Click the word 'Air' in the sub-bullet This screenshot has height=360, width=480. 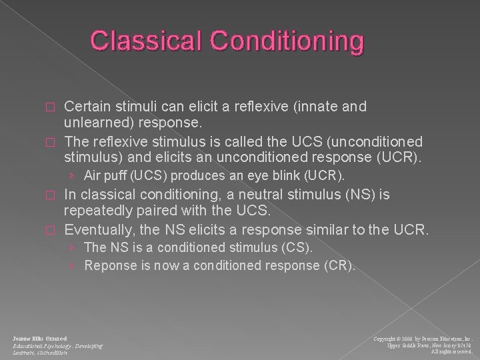click(x=93, y=176)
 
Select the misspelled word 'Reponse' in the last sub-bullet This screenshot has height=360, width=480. click(x=108, y=265)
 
